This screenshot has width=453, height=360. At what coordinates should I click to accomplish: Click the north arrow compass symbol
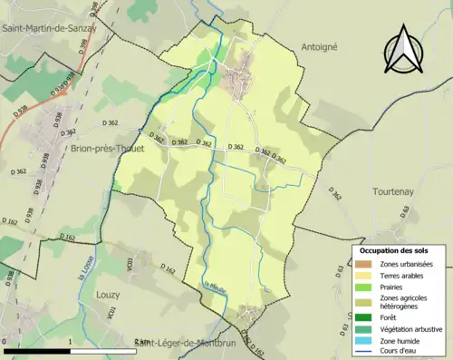pyautogui.click(x=403, y=50)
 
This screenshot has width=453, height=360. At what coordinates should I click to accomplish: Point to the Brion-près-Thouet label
pyautogui.click(x=106, y=149)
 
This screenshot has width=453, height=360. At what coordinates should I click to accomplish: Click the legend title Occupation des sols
pyautogui.click(x=395, y=249)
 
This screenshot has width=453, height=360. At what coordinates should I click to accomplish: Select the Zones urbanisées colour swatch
pyautogui.click(x=364, y=264)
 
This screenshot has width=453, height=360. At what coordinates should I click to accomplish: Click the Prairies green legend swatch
pyautogui.click(x=364, y=286)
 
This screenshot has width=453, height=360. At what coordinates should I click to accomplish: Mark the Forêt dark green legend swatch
pyautogui.click(x=364, y=317)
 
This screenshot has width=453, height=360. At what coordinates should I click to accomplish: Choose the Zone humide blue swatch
pyautogui.click(x=364, y=339)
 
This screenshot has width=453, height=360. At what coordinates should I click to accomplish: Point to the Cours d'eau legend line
pyautogui.click(x=364, y=350)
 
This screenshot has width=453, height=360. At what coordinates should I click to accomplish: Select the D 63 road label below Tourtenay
pyautogui.click(x=405, y=211)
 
